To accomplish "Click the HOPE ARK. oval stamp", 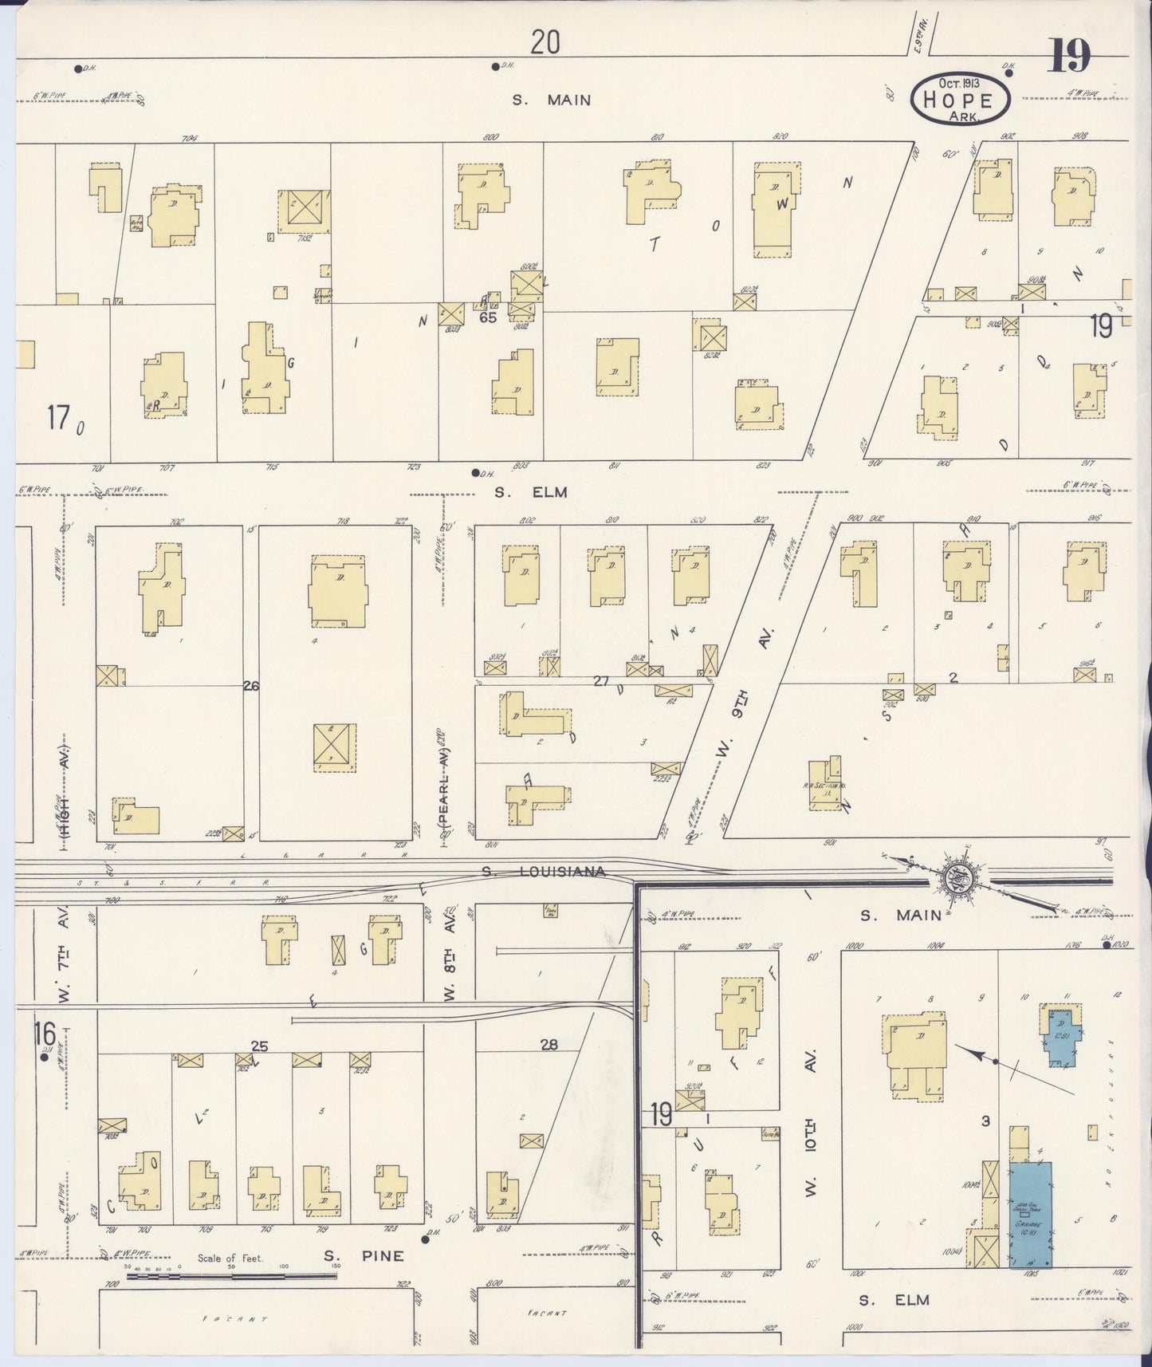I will coord(961,99).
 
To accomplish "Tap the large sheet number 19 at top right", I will coord(1069,56).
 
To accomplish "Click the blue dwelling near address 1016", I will coord(1061,1035).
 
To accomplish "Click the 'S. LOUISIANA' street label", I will coord(544,872).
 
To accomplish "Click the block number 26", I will coord(251,685).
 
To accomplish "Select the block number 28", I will coord(549,1045).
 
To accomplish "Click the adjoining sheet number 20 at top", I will coord(545,41).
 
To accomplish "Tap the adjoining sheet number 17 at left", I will coord(58,416).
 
